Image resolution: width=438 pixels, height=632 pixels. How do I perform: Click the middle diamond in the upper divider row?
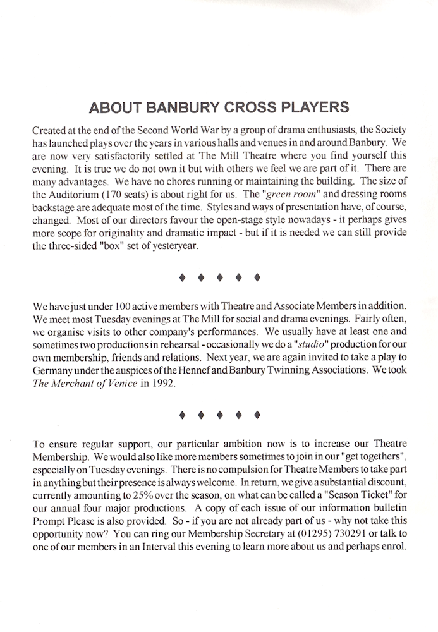(219, 277)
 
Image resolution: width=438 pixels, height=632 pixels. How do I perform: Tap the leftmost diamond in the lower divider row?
(182, 415)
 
